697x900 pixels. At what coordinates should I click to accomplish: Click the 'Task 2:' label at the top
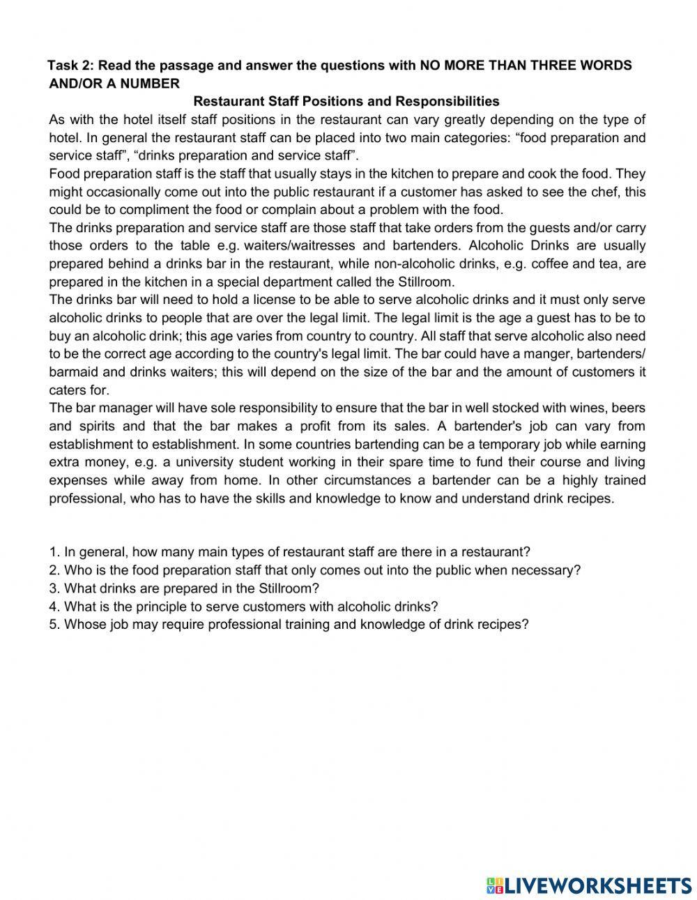(x=72, y=66)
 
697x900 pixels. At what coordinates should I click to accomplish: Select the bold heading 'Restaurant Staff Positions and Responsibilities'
(x=346, y=102)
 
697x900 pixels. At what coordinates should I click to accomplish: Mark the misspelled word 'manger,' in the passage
(x=527, y=354)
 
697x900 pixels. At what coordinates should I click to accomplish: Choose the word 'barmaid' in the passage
(x=72, y=372)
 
